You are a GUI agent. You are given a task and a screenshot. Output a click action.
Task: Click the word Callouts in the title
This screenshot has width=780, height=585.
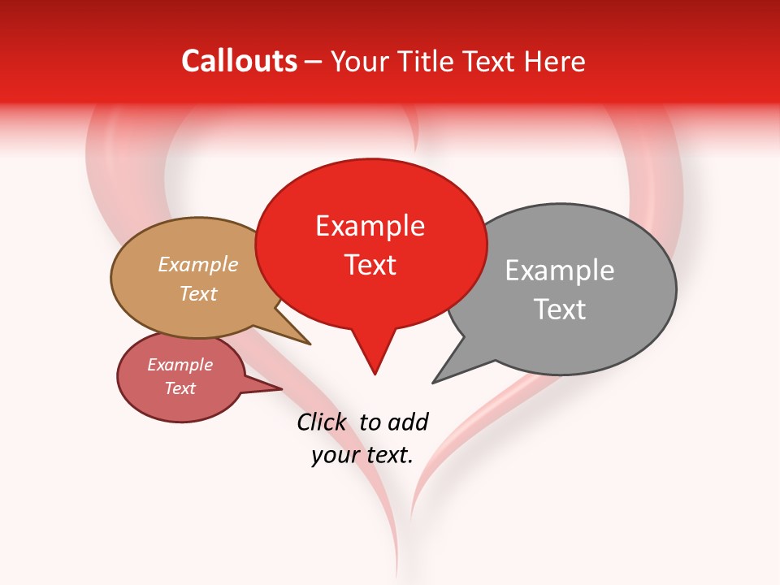(239, 61)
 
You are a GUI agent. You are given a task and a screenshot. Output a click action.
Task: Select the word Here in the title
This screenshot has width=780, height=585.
(552, 61)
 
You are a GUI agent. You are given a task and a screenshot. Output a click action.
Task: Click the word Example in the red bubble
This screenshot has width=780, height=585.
(370, 226)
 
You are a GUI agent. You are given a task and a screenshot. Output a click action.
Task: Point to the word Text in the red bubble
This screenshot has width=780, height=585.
(370, 265)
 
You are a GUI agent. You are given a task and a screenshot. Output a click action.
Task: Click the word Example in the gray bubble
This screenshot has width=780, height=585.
(560, 271)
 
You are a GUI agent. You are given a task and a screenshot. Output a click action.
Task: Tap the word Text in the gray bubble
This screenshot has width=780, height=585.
(560, 310)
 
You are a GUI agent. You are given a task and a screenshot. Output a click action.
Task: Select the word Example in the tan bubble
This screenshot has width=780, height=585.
(197, 265)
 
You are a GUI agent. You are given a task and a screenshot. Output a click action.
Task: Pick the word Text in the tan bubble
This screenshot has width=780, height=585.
(197, 293)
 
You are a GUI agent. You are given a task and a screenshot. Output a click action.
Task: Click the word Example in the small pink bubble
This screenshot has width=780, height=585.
(180, 365)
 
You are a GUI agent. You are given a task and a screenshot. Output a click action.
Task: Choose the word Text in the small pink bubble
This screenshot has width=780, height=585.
(180, 388)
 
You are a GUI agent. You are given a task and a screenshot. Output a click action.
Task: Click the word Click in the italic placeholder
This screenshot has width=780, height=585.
(323, 422)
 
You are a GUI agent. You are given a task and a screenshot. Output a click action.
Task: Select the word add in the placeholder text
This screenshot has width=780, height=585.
(407, 422)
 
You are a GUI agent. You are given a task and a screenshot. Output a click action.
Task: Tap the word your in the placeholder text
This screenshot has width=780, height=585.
(333, 455)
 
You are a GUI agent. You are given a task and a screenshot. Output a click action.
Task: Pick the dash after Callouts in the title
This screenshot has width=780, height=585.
(314, 61)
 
